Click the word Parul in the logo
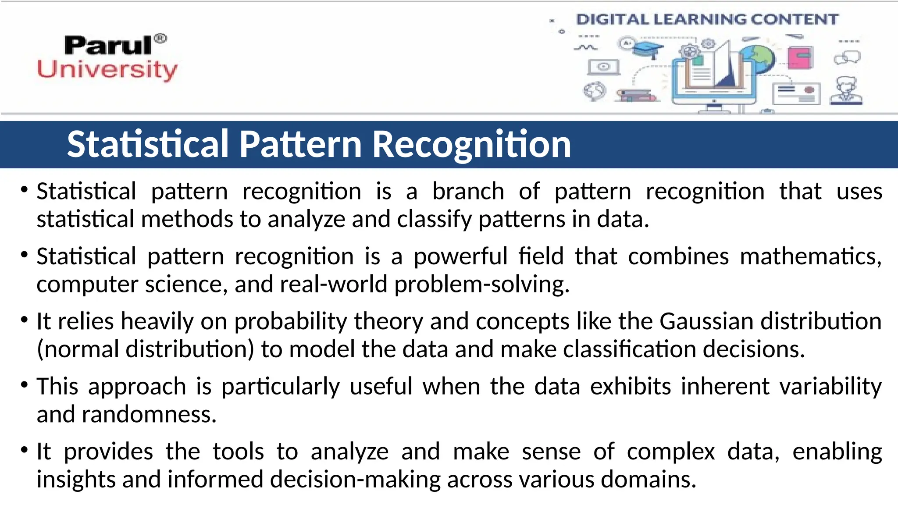(108, 46)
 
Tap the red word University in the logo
(107, 70)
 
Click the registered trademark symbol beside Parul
(161, 39)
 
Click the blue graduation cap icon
(648, 49)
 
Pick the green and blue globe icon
(758, 59)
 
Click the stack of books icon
(636, 95)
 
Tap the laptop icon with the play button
(603, 67)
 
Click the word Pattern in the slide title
(300, 144)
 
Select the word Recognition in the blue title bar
(471, 144)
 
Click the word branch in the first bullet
(468, 192)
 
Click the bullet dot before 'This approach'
(25, 385)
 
